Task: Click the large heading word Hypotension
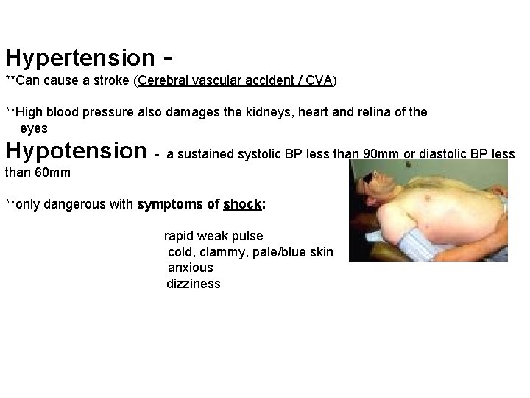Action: [76, 151]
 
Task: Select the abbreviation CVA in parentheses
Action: [319, 80]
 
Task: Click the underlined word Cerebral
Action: [162, 80]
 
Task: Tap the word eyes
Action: [34, 128]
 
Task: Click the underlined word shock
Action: [243, 204]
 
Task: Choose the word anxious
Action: [191, 268]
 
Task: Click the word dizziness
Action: [194, 284]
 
